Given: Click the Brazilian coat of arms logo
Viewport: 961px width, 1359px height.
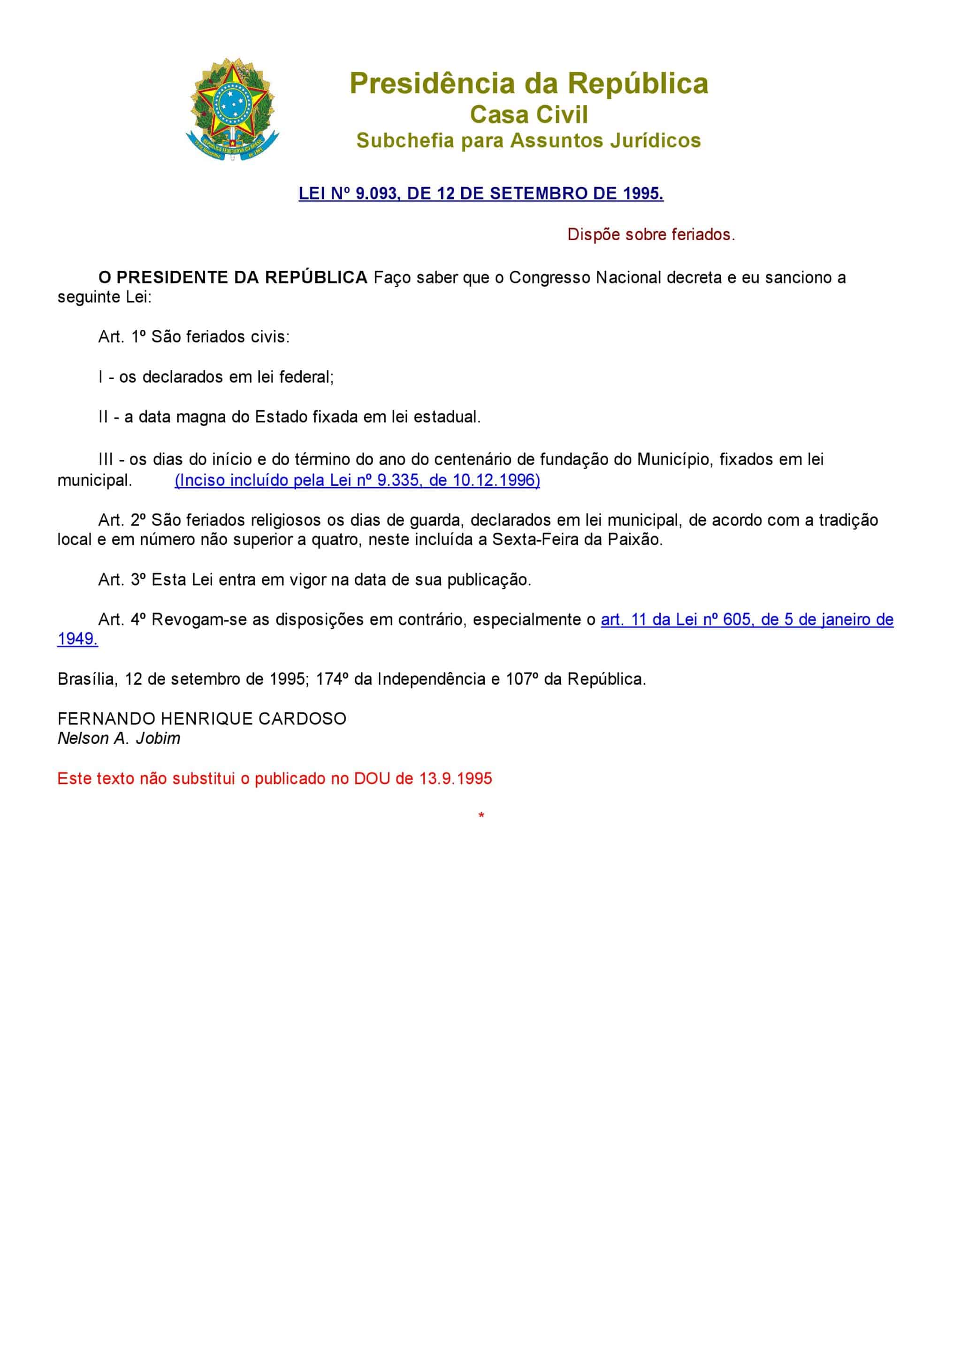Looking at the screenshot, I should pyautogui.click(x=232, y=109).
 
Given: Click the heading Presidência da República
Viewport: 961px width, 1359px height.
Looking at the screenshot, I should pyautogui.click(x=528, y=84).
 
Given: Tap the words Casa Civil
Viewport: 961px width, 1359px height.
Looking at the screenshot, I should pyautogui.click(x=528, y=115).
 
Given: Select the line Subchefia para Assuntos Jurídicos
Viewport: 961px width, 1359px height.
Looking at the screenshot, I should pyautogui.click(x=528, y=141).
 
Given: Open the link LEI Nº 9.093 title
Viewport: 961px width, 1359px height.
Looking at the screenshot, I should pyautogui.click(x=480, y=193).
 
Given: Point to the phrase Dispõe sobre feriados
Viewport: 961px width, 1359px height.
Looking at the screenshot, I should pyautogui.click(x=651, y=235).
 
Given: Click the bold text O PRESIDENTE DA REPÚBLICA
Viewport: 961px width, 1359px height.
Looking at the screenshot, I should pyautogui.click(x=233, y=278).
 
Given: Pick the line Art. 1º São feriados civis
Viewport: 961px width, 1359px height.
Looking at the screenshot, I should pyautogui.click(x=194, y=337).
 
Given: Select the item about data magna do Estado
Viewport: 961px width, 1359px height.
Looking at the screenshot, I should pyautogui.click(x=290, y=417).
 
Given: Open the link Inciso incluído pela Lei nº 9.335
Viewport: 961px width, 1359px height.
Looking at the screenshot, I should pyautogui.click(x=358, y=480).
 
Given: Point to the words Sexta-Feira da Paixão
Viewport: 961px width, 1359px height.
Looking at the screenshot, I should pyautogui.click(x=577, y=540).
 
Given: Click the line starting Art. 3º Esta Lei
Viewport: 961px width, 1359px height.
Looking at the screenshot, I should pyautogui.click(x=315, y=580).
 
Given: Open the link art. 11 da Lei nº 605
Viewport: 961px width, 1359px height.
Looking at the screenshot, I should pyautogui.click(x=747, y=620).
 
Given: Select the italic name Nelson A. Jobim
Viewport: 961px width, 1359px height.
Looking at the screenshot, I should pyautogui.click(x=119, y=739).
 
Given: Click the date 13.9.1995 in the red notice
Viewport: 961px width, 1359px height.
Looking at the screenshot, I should pyautogui.click(x=456, y=779).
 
